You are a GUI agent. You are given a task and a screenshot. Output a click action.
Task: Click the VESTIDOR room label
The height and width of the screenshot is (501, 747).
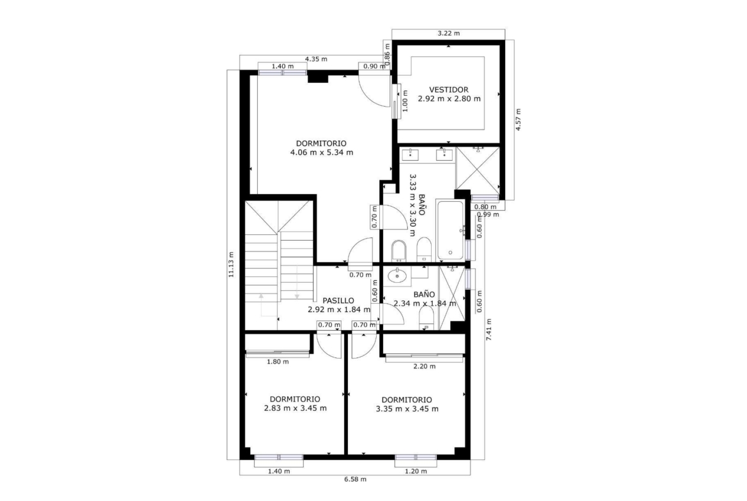click(x=449, y=89)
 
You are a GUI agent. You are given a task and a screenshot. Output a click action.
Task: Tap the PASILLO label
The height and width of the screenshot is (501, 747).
click(x=338, y=301)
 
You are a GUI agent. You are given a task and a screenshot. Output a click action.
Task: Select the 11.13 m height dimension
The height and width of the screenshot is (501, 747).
click(x=231, y=264)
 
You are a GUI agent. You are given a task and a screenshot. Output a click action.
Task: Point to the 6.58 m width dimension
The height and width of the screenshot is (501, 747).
click(x=356, y=479)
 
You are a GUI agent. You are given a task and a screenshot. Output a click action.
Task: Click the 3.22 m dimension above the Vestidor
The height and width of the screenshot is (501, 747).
click(x=449, y=33)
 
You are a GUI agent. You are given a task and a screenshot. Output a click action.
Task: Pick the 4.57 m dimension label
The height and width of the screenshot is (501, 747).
click(x=518, y=119)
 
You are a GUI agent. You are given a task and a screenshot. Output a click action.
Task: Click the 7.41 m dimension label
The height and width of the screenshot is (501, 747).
click(x=489, y=329)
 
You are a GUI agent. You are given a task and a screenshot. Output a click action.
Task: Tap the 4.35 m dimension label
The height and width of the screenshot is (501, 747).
click(x=316, y=59)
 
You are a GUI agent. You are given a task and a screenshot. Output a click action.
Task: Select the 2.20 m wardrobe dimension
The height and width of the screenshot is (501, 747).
click(x=425, y=366)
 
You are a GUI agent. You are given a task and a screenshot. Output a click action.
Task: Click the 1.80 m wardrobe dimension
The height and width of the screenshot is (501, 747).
click(x=278, y=361)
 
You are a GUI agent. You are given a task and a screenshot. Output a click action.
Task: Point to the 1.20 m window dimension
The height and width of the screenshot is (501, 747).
click(x=416, y=471)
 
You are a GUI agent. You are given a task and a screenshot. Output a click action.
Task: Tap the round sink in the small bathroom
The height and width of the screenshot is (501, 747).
click(x=396, y=275)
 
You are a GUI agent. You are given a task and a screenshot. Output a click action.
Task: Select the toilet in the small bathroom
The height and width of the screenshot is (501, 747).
click(x=427, y=318)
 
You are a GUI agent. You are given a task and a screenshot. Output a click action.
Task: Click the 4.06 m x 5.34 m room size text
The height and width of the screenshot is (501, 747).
click(x=322, y=153)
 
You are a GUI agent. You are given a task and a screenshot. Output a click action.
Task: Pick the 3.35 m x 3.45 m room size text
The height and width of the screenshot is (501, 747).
click(x=407, y=408)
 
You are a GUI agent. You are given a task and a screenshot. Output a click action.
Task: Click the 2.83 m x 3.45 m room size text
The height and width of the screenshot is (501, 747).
click(x=296, y=408)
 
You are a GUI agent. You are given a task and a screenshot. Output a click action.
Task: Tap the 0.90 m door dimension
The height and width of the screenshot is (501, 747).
click(x=374, y=66)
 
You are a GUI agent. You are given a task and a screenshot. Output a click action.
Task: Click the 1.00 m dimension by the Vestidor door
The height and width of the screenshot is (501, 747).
click(x=405, y=101)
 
